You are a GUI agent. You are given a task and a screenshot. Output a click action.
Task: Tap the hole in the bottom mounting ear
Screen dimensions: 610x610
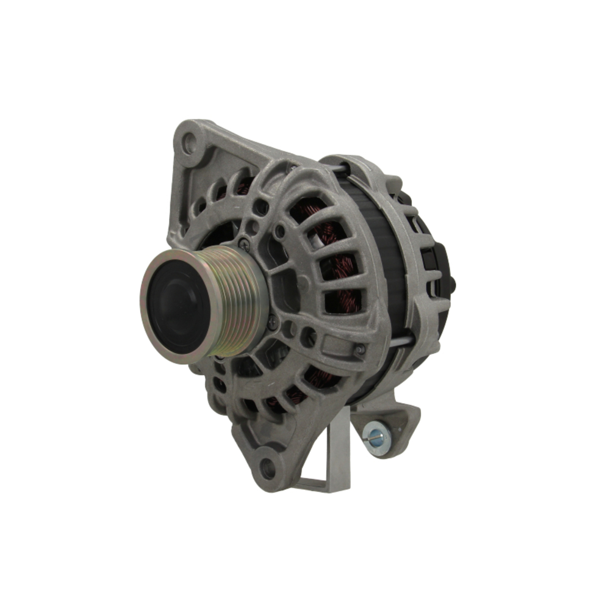tap(267, 468)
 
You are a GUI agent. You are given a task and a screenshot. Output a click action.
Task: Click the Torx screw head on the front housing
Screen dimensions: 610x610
tap(360, 350)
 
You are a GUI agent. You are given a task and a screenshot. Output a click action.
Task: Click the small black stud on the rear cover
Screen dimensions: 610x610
tap(453, 284)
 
